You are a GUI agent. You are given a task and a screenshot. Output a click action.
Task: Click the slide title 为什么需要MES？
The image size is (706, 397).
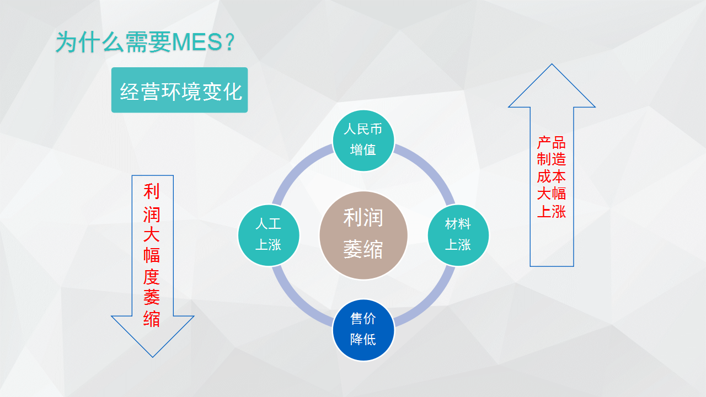tap(145, 42)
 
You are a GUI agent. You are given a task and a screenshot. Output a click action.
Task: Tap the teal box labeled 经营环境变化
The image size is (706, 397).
tap(179, 90)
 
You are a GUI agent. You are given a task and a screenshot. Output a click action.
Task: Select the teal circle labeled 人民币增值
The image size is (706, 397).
tap(363, 141)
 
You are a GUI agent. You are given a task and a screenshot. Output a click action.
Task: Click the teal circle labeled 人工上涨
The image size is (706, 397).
tap(269, 235)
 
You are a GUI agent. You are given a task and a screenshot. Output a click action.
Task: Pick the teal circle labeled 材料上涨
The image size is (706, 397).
tap(458, 235)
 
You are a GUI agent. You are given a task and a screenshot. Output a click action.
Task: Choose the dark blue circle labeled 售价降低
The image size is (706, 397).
tap(363, 330)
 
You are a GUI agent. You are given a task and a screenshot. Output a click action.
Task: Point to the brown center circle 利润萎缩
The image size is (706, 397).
tap(363, 235)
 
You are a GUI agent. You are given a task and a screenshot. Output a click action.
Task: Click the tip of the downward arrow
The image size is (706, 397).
tap(153, 357)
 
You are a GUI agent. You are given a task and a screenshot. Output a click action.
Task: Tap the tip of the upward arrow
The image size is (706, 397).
tap(552, 64)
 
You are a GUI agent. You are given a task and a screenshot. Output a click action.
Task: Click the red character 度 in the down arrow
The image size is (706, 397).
tap(152, 277)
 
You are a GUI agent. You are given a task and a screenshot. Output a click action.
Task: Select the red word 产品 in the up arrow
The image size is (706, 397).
tap(552, 143)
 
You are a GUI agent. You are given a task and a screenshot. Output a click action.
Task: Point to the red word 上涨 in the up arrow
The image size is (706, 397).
tap(552, 211)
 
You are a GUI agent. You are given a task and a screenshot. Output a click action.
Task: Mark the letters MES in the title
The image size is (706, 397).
tap(197, 42)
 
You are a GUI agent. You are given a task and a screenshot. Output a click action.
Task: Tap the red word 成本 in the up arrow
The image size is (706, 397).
tap(552, 176)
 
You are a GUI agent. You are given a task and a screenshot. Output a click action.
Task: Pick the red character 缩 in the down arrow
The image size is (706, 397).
tap(152, 319)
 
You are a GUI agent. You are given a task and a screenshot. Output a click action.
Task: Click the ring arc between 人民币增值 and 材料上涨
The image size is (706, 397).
tap(431, 168)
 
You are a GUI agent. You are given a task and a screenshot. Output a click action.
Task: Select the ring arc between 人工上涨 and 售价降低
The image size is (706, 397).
tap(296, 303)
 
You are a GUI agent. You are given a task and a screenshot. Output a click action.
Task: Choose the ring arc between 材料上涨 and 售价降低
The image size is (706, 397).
tap(431, 303)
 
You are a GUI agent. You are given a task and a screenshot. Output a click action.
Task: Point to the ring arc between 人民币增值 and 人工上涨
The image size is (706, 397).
tap(296, 168)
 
